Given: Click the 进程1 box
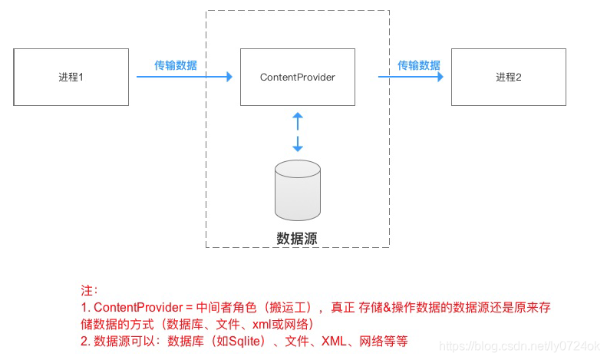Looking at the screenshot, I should (x=71, y=77).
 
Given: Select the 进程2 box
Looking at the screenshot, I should (x=508, y=77).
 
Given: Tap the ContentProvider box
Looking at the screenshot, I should (x=298, y=77).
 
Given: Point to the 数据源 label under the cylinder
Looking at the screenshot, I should (x=297, y=238).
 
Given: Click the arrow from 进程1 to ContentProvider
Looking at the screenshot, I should (x=184, y=77).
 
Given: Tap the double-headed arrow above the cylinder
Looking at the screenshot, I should (x=298, y=131).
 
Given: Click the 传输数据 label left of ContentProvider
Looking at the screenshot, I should (x=176, y=65).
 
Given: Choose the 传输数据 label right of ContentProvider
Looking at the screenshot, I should (x=419, y=65).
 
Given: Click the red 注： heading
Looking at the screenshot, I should (x=90, y=291).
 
